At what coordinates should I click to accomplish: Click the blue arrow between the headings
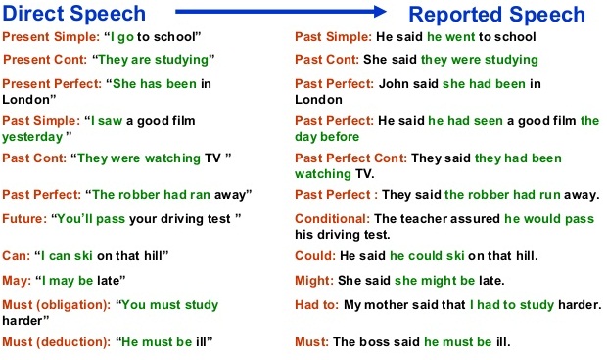pos(281,12)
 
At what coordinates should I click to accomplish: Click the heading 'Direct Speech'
pos(74,14)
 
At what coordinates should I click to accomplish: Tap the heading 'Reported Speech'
pos(496,15)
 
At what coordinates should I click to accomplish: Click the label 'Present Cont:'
pos(45,60)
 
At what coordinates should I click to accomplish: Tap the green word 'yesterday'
pos(32,137)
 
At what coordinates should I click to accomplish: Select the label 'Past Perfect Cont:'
pos(350,158)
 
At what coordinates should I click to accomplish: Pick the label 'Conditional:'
pos(332,219)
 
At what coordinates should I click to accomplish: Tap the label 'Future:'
pos(24,219)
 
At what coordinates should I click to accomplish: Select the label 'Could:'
pos(315,256)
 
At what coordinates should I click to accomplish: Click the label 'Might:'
pos(314,281)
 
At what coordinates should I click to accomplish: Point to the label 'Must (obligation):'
pos(57,305)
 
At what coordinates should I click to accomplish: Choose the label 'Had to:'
pos(316,305)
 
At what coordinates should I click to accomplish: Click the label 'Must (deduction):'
pos(57,342)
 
